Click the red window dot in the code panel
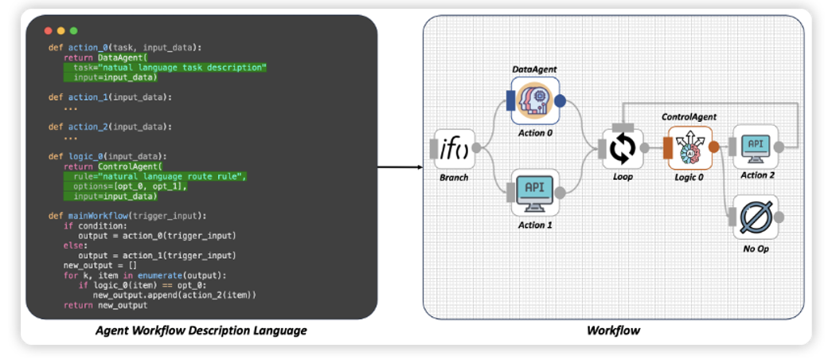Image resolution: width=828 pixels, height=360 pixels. click(x=49, y=30)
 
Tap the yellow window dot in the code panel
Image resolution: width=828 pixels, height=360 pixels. click(x=61, y=30)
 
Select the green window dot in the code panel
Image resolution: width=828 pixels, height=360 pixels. click(x=74, y=30)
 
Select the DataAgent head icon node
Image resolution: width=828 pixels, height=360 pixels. click(x=535, y=100)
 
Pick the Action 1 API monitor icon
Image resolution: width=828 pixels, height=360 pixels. click(x=535, y=192)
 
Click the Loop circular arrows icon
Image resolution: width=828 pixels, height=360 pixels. click(x=623, y=148)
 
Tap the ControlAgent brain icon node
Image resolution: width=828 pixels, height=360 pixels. click(x=689, y=147)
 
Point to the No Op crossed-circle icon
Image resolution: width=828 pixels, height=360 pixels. click(x=754, y=216)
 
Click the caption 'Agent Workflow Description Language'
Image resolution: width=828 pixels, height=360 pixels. click(x=201, y=330)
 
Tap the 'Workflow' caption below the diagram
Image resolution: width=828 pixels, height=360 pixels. click(x=612, y=330)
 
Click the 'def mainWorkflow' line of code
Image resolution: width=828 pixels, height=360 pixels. click(x=127, y=215)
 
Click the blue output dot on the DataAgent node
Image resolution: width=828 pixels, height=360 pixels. click(x=560, y=101)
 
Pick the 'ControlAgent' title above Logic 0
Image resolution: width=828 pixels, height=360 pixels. click(x=689, y=117)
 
